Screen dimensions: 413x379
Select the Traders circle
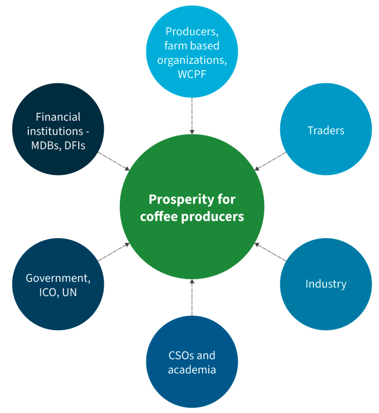(325, 130)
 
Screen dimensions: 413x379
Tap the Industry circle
(325, 284)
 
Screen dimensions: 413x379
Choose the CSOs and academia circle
(192, 362)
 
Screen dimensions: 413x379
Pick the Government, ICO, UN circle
(58, 285)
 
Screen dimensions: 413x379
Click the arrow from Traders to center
(270, 161)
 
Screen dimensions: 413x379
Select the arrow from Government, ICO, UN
(114, 252)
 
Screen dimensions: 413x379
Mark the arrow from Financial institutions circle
(114, 161)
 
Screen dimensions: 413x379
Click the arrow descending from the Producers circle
(192, 115)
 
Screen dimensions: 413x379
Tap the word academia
(192, 370)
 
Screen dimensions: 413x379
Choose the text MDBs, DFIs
(58, 145)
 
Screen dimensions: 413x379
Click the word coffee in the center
(159, 216)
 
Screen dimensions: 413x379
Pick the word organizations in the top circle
(192, 60)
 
